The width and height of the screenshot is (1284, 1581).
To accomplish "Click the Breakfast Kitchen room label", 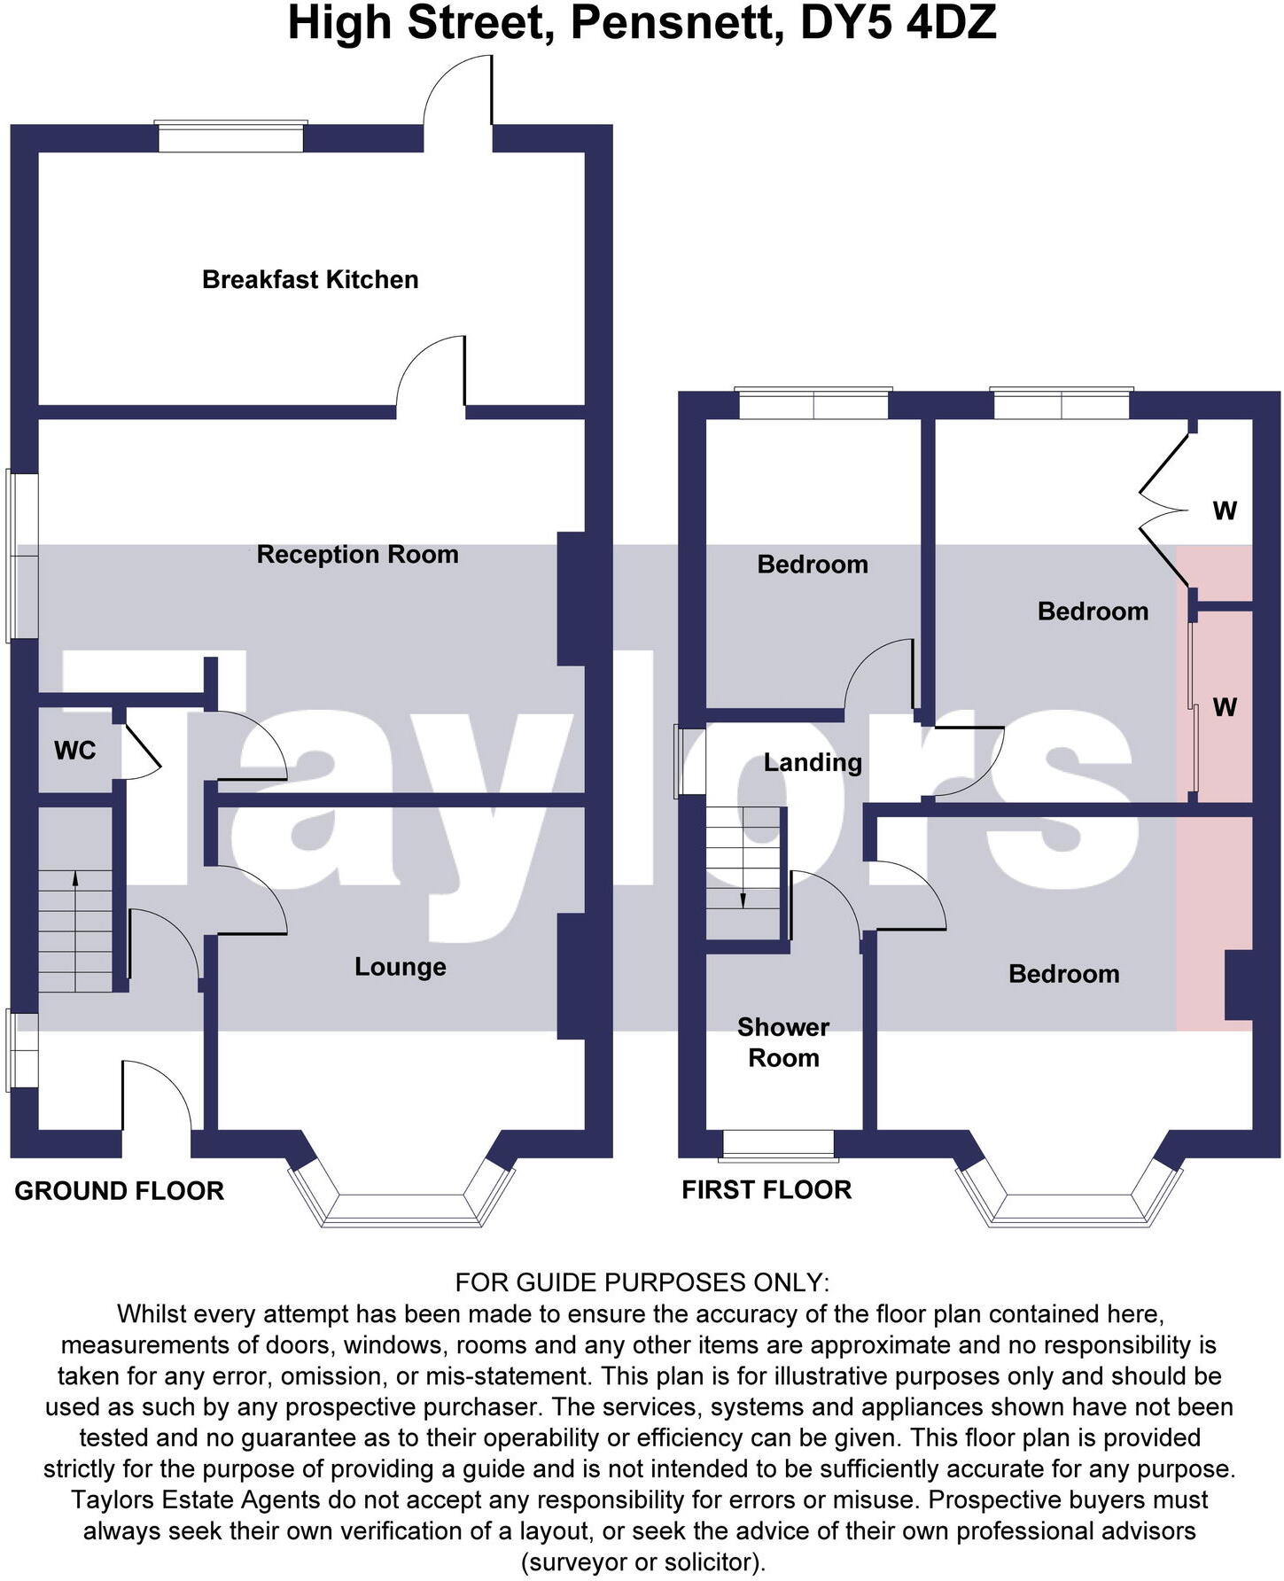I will tap(310, 280).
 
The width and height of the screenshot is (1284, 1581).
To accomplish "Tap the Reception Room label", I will tap(357, 555).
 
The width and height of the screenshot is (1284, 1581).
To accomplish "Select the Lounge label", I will tap(400, 967).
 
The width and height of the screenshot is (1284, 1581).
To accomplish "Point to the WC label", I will tap(74, 752).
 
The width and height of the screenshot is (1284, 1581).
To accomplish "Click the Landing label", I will tap(813, 763).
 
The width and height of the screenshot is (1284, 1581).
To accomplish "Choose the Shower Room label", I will tap(783, 1042).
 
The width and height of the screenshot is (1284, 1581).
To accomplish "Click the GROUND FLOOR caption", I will tap(120, 1191).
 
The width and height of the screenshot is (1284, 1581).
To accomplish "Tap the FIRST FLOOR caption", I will tap(767, 1190).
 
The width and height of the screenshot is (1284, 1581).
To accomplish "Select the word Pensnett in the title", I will tap(676, 24).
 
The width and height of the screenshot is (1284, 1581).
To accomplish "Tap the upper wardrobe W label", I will tap(1225, 511).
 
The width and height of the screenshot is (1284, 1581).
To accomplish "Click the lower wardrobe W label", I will tap(1225, 707).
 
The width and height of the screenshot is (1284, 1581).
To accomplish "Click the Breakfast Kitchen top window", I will tap(230, 136).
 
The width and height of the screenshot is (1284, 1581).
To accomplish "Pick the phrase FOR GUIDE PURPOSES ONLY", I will tap(642, 1282).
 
